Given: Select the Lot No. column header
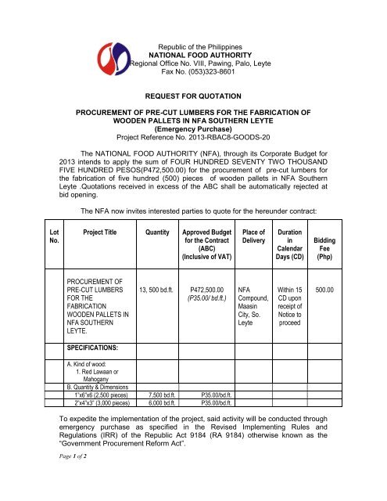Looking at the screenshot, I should tap(33, 238).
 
